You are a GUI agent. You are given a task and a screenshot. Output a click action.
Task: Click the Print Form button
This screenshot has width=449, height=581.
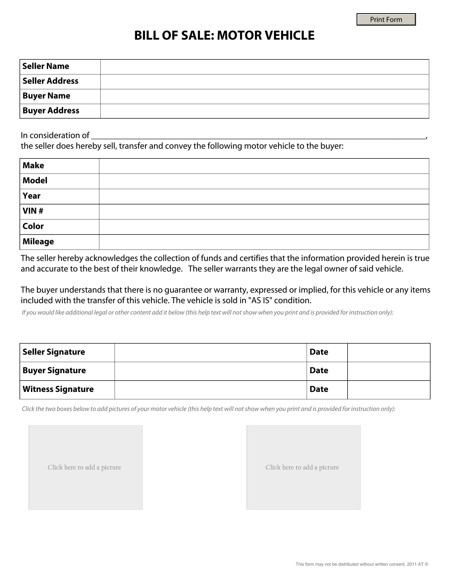pyautogui.click(x=386, y=20)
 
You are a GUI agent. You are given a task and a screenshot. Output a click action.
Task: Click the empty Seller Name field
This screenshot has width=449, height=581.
pyautogui.click(x=264, y=67)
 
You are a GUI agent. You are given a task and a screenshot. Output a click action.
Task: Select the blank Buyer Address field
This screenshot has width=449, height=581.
pyautogui.click(x=264, y=111)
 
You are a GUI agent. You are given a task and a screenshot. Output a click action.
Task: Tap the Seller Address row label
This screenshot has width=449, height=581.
pyautogui.click(x=50, y=81)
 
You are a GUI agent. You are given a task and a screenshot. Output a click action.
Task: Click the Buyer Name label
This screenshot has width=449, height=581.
pyautogui.click(x=46, y=96)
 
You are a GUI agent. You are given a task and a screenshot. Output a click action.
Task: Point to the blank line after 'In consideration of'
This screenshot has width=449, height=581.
pyautogui.click(x=258, y=136)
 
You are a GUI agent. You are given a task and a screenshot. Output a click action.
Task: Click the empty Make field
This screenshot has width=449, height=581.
pyautogui.click(x=264, y=166)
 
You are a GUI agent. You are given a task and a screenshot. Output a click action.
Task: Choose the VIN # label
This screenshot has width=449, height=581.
pyautogui.click(x=33, y=211)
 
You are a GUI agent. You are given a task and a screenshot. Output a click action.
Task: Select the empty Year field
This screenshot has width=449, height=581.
pyautogui.click(x=264, y=196)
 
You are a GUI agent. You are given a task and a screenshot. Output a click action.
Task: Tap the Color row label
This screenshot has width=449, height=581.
pyautogui.click(x=33, y=226)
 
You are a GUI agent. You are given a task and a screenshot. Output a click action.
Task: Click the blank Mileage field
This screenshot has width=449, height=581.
pyautogui.click(x=264, y=242)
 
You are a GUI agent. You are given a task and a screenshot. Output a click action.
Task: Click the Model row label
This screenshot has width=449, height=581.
pyautogui.click(x=35, y=181)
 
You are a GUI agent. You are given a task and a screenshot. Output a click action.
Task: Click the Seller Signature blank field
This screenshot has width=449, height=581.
pyautogui.click(x=211, y=353)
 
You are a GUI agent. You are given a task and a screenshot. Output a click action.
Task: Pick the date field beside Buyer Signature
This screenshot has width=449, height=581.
pyautogui.click(x=389, y=371)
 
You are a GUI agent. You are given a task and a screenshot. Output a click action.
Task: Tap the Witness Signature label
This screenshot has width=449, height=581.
pyautogui.click(x=58, y=390)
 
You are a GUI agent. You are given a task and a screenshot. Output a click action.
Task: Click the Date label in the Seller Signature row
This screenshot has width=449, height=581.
pyautogui.click(x=319, y=352)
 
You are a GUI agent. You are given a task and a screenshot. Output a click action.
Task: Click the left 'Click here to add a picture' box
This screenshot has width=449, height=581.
pyautogui.click(x=86, y=467)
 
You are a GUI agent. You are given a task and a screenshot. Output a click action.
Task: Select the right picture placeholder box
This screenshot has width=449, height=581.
pyautogui.click(x=303, y=467)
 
